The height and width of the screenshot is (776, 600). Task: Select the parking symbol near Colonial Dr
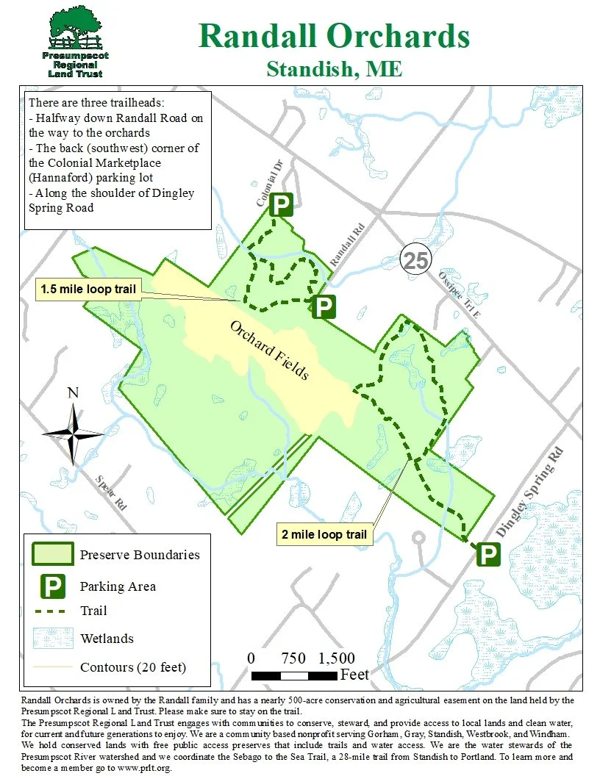280,205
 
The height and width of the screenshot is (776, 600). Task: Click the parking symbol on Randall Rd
324,306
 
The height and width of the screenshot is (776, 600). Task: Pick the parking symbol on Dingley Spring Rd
488,554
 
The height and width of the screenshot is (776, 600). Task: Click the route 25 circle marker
415,259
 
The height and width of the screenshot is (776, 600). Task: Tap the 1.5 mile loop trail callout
88,289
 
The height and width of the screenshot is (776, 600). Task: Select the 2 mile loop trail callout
324,534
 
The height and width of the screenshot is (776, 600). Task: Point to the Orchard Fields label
269,351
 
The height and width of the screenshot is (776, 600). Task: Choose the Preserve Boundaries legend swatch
51,554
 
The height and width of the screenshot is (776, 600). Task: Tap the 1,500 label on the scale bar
337,658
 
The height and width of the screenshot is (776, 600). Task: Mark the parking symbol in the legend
51,586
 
